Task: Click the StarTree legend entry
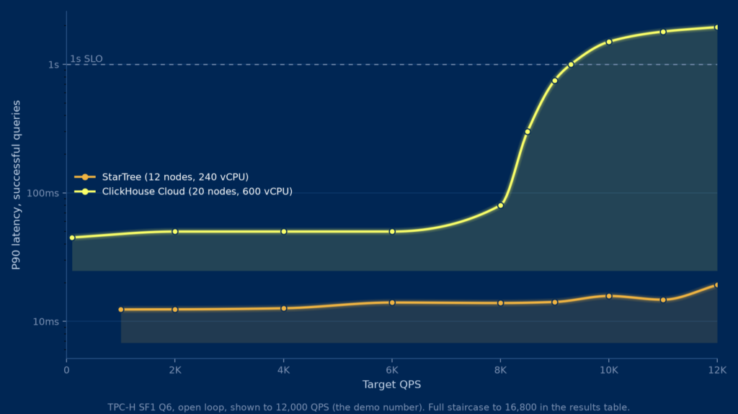161,177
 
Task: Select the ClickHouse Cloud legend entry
184,192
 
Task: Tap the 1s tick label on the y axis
53,65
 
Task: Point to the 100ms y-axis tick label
43,193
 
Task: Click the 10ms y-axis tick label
45,321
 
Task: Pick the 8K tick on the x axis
500,370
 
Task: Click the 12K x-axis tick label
717,370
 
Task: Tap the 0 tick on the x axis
66,370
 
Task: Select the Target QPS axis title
391,384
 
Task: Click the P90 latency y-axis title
16,185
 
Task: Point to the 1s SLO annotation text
86,59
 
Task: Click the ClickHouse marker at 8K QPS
500,206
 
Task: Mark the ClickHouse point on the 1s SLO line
571,65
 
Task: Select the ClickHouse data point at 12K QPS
717,27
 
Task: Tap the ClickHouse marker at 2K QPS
175,231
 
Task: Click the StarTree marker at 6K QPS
392,302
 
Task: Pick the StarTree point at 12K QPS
717,285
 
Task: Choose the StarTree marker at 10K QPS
608,296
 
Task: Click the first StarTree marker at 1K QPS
121,310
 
